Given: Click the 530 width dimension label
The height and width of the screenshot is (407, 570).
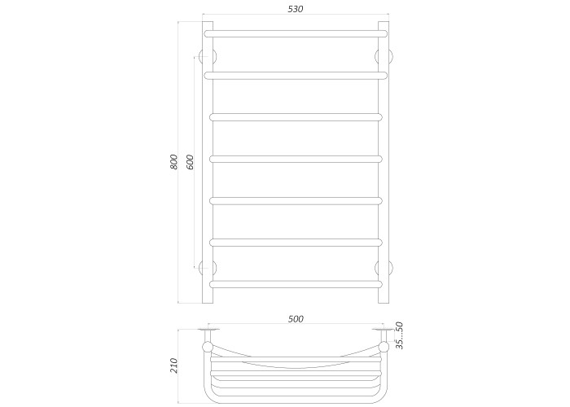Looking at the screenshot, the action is point(295,9).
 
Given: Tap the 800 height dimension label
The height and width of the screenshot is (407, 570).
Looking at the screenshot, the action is point(173,162).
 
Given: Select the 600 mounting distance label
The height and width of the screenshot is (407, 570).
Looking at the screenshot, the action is point(190,162).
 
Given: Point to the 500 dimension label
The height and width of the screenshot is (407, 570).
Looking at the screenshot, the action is point(296,319).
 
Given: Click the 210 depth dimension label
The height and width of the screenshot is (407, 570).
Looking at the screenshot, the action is point(173,365).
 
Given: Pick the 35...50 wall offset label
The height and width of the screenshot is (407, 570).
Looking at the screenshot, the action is point(399,335).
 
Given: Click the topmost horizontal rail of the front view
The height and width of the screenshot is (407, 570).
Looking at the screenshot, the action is point(296,34).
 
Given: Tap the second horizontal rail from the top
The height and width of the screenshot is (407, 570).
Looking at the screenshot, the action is point(296,76).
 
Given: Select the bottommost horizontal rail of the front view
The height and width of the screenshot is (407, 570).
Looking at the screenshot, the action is point(296,284).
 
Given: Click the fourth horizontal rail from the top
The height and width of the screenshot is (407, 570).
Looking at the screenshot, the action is point(296,160).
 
